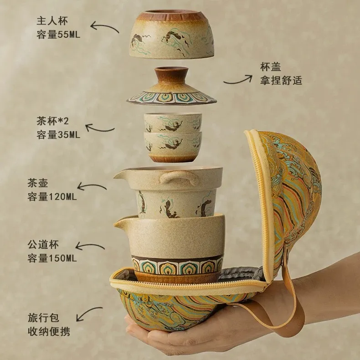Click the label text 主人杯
[52, 21]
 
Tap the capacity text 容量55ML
[58, 35]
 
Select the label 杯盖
[271, 67]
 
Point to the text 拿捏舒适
[281, 81]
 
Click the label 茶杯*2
[52, 121]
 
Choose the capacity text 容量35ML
[58, 134]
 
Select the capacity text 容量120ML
[52, 197]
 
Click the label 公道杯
[43, 245]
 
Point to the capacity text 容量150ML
[52, 258]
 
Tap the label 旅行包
[43, 318]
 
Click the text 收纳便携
[49, 332]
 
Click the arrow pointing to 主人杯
[104, 26]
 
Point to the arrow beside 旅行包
[88, 312]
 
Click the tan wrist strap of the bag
[296, 305]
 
